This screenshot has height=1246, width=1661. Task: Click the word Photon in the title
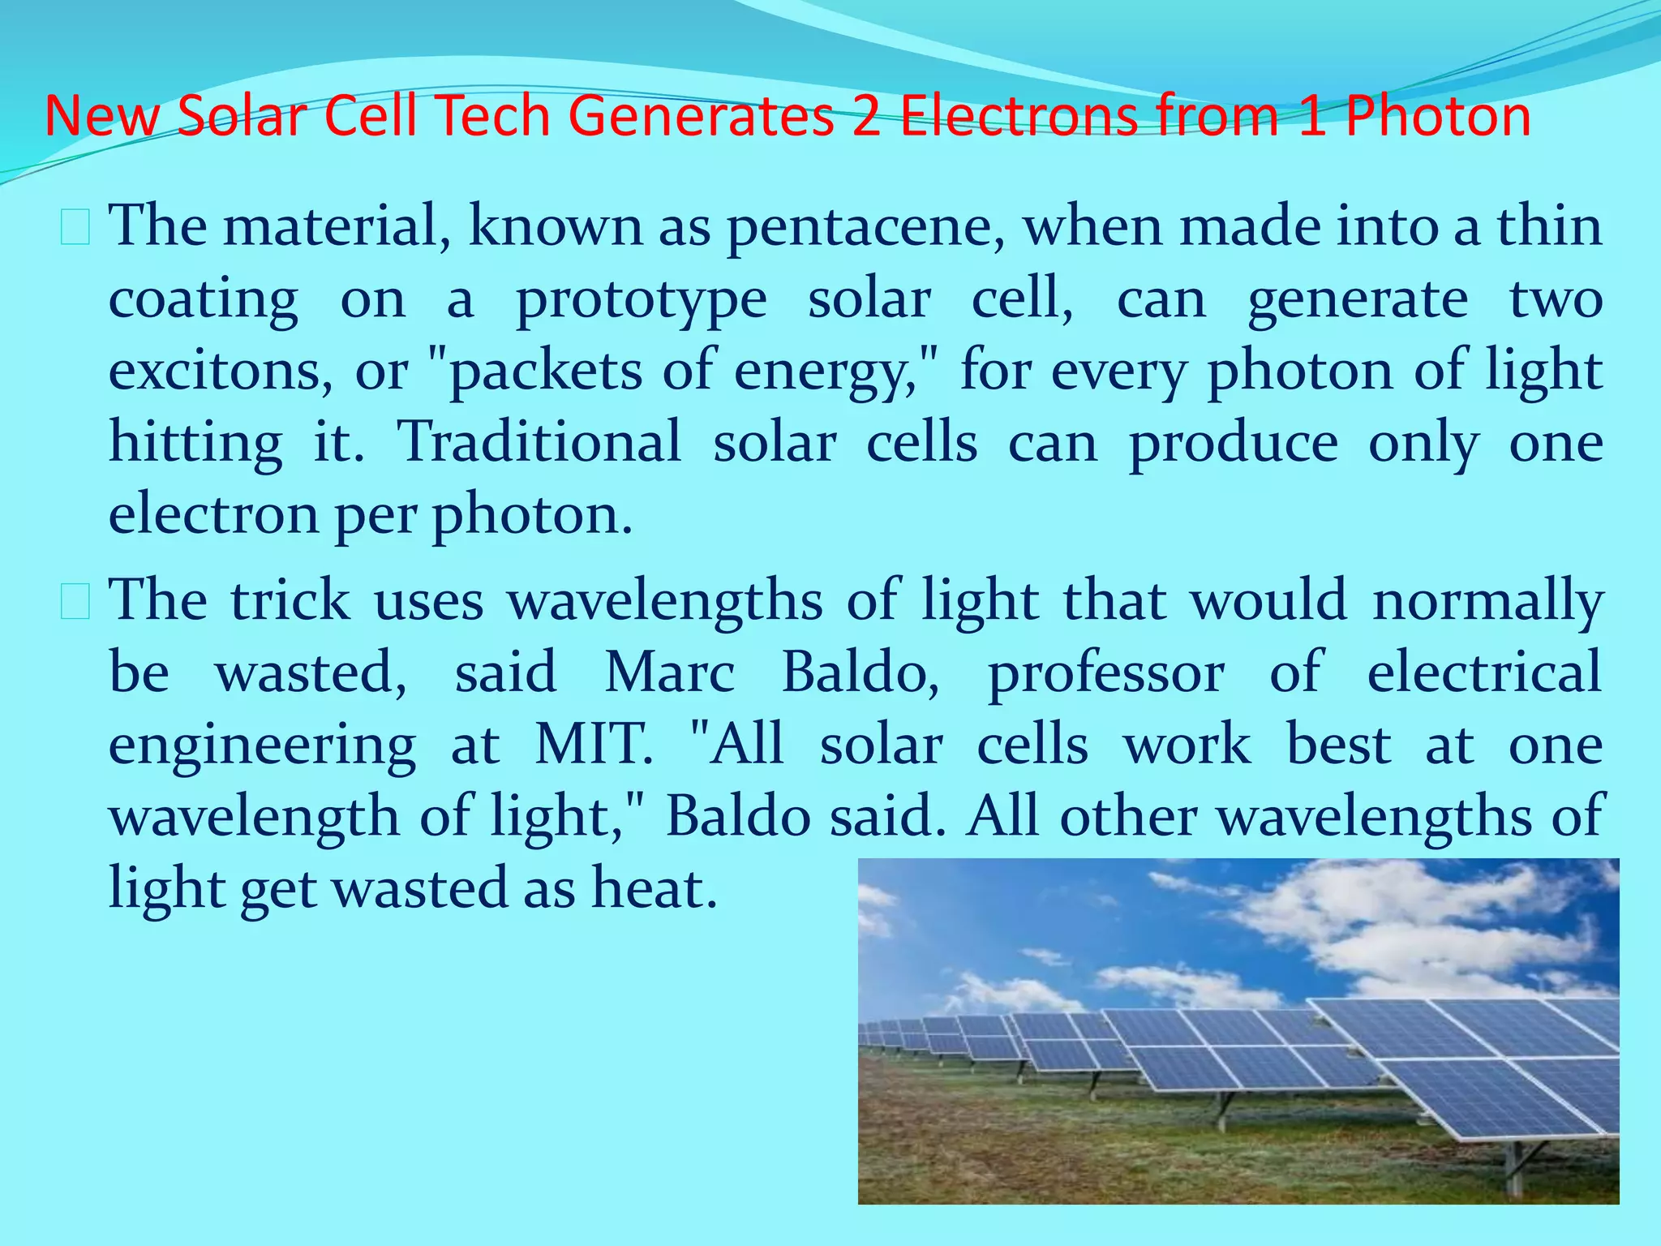[x=1438, y=116]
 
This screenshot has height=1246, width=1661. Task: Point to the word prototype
[x=641, y=300]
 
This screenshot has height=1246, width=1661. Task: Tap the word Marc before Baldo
[x=670, y=672]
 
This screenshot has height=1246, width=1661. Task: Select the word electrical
[x=1484, y=672]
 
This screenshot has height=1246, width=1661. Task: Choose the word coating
[x=203, y=300]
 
